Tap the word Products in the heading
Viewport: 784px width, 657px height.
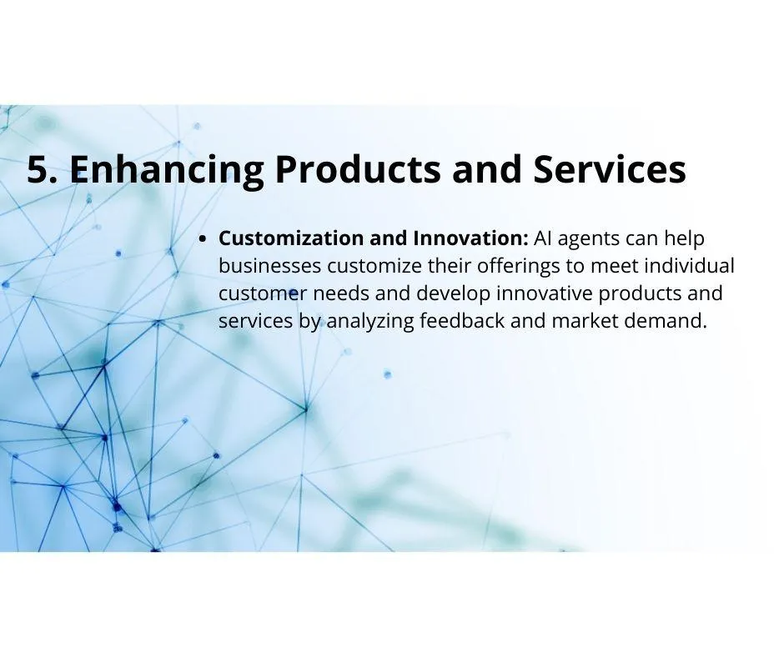coord(358,169)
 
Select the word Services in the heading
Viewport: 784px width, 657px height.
coord(610,169)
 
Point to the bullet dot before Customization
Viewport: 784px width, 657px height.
coord(203,239)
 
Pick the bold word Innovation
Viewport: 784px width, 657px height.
coord(470,238)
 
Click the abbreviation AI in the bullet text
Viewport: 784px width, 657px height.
coord(542,238)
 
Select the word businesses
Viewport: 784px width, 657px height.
coord(269,265)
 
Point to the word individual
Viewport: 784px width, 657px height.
coord(689,265)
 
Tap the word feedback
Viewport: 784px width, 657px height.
coord(462,320)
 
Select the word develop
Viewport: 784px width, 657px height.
coord(453,294)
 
